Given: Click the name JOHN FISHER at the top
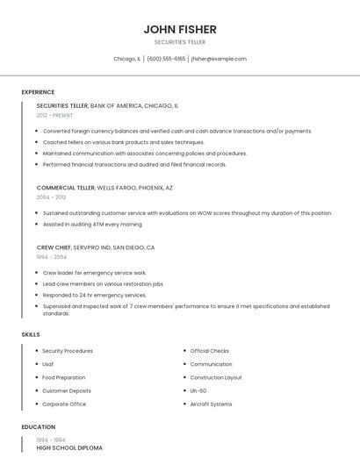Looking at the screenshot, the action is click(180, 29).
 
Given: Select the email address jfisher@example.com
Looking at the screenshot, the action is click(219, 59).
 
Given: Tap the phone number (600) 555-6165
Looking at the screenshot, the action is click(166, 59).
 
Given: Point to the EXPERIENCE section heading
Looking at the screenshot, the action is click(38, 92).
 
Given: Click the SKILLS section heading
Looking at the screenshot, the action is click(31, 334).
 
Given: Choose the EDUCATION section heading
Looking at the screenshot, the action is click(39, 427).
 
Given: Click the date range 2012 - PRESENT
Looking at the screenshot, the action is click(54, 115).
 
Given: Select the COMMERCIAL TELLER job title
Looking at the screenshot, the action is click(66, 188).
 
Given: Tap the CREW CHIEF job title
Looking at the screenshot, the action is click(54, 247).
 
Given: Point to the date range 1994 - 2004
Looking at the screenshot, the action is click(51, 257).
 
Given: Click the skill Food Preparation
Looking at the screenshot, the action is click(64, 377).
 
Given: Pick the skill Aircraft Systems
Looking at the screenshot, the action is click(211, 404).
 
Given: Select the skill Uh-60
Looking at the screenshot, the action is click(198, 390).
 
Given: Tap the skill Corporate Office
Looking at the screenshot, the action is click(64, 404).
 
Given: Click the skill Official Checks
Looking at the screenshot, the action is click(209, 351).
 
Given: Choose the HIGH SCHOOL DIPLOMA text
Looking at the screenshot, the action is click(69, 447).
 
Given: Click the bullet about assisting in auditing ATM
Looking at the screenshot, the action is click(92, 224).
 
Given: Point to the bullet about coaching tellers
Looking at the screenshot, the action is click(123, 142).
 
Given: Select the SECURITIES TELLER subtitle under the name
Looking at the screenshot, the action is click(180, 42).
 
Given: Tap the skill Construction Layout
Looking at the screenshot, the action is click(216, 377).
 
